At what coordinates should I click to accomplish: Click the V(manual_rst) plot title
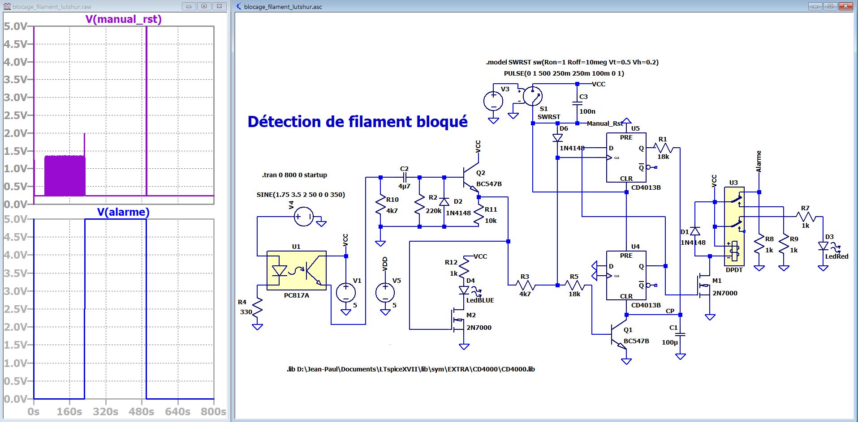[x=124, y=19]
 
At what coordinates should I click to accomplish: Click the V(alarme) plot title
[x=123, y=212]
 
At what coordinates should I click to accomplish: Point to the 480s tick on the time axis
[x=141, y=412]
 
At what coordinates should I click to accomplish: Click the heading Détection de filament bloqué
[x=357, y=122]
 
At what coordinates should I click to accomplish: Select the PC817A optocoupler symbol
[x=296, y=270]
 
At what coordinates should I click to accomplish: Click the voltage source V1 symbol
[x=346, y=293]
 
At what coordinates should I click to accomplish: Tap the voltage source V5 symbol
[x=385, y=293]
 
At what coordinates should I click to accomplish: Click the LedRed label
[x=836, y=256]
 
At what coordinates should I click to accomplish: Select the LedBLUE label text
[x=480, y=300]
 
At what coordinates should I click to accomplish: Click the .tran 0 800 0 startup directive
[x=294, y=175]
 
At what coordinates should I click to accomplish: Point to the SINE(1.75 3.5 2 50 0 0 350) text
[x=301, y=195]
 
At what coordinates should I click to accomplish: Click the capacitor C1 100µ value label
[x=670, y=342]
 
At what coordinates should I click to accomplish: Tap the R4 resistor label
[x=242, y=302]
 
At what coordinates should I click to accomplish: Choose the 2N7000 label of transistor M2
[x=479, y=328]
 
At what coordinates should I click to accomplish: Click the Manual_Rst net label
[x=604, y=124]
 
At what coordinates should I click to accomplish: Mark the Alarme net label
[x=759, y=162]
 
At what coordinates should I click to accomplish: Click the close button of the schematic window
[x=845, y=6]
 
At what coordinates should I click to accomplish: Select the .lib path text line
[x=410, y=369]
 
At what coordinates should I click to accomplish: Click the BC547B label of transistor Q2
[x=489, y=184]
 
